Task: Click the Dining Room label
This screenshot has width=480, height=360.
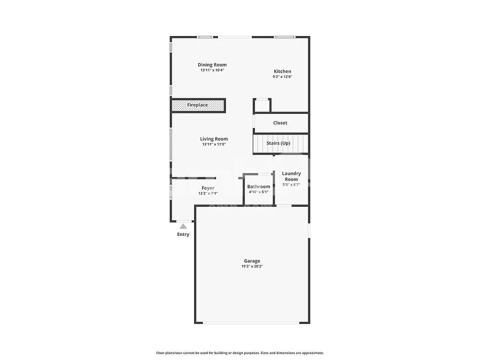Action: [212, 65]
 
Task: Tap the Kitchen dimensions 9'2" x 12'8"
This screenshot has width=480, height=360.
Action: [282, 77]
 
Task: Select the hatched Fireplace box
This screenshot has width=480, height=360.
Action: [198, 105]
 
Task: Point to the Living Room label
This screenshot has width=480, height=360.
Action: [214, 139]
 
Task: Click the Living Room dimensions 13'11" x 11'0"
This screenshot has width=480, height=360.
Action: [214, 144]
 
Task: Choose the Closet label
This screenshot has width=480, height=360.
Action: [280, 123]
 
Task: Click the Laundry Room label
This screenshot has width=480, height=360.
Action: [291, 176]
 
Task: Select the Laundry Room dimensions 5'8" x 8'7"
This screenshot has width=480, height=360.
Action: [291, 185]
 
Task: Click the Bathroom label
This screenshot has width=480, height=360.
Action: [259, 187]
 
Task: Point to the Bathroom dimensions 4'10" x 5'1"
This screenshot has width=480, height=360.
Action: [259, 192]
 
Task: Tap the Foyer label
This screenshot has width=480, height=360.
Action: [208, 188]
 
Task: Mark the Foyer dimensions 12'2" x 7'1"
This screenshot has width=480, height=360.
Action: [208, 193]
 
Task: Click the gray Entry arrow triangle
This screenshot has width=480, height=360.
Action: [183, 226]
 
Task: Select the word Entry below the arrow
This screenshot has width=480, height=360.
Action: [183, 234]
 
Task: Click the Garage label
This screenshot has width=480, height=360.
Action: [252, 261]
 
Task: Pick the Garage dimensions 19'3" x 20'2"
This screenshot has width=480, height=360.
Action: [252, 267]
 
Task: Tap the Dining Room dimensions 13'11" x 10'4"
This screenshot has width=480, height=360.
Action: [212, 70]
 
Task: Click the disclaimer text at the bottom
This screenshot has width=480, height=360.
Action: [240, 353]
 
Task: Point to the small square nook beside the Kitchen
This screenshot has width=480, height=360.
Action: [262, 105]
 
